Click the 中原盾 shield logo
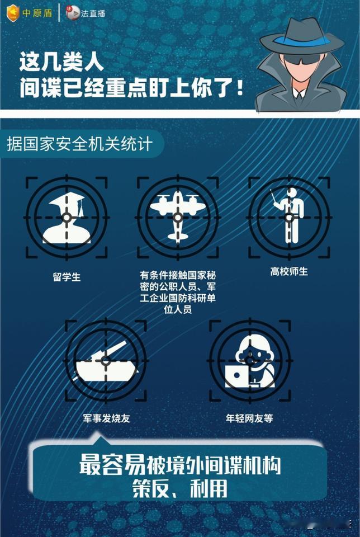coord(13,13)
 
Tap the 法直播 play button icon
coord(73,13)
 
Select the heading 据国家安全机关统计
coord(79,144)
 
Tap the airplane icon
coord(178,216)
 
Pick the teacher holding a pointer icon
coord(290,216)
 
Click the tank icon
coord(106,362)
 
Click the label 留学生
coord(67,277)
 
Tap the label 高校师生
coord(289,272)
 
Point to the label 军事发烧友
coord(106,418)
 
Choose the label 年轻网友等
coord(249,418)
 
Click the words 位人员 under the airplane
coord(178,309)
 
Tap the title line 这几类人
coord(61,62)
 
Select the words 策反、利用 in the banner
coord(180,488)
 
